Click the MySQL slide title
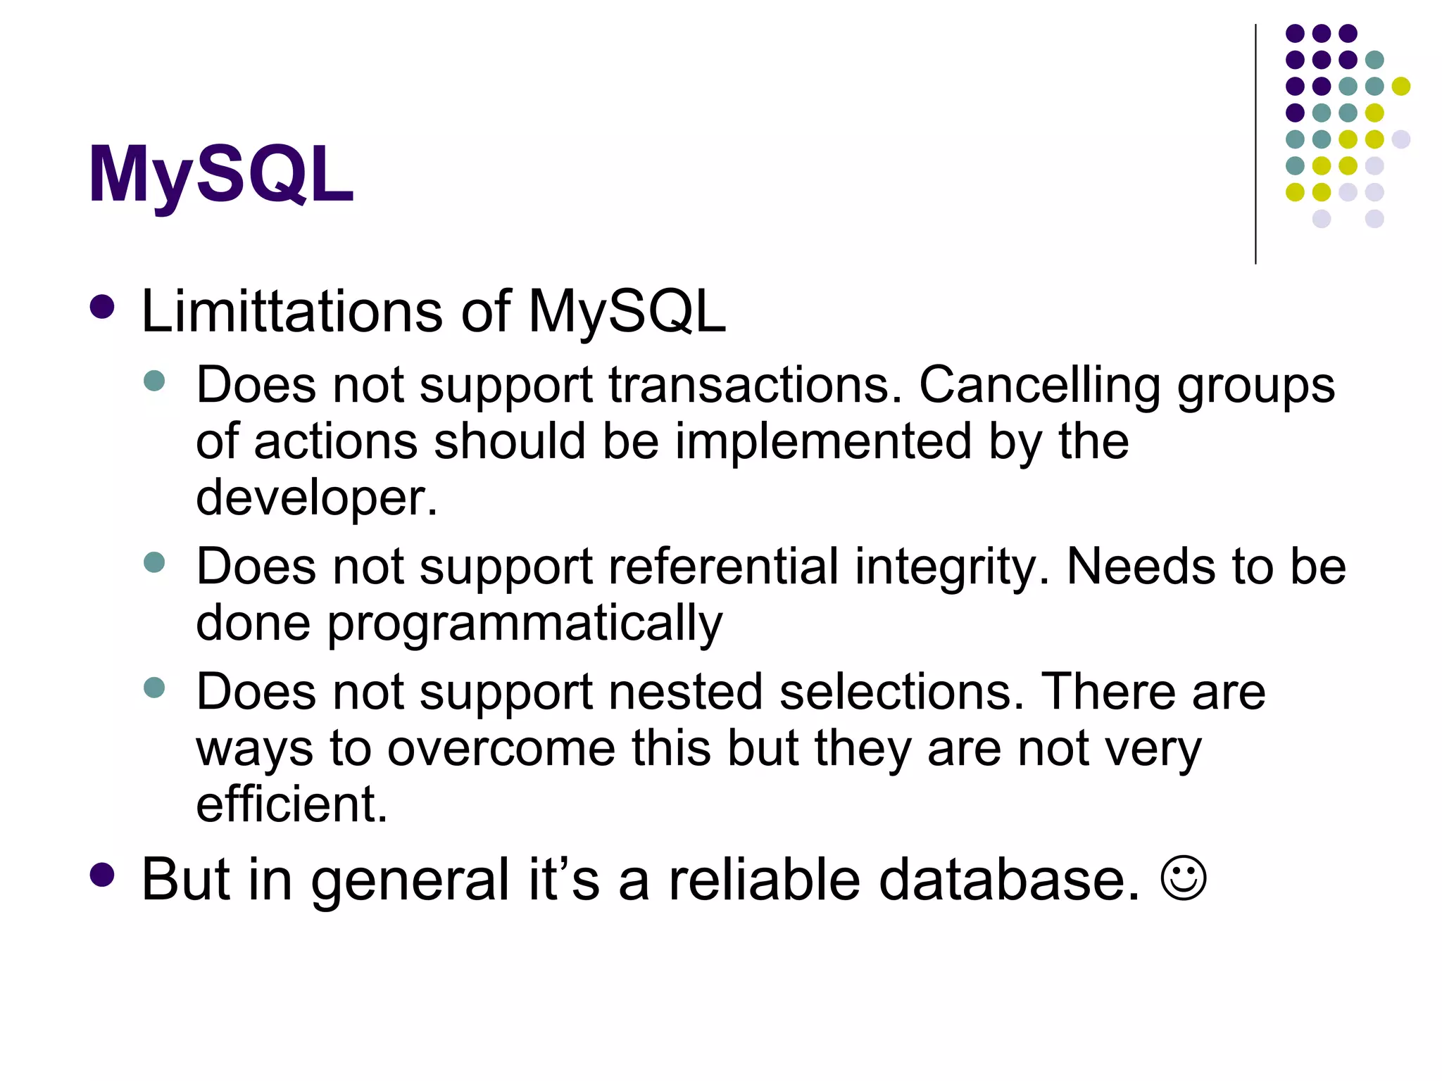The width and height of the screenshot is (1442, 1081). pyautogui.click(x=220, y=175)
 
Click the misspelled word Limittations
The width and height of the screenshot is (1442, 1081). pyautogui.click(x=291, y=311)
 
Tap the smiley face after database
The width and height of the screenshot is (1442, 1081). pyautogui.click(x=1183, y=878)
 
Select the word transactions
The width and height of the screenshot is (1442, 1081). pyautogui.click(x=754, y=385)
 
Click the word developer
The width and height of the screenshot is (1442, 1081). pyautogui.click(x=315, y=497)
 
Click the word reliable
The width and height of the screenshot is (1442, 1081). pyautogui.click(x=764, y=879)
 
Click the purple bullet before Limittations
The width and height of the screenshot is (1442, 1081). pyautogui.click(x=103, y=307)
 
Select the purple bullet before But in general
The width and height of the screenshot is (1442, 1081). pyautogui.click(x=103, y=874)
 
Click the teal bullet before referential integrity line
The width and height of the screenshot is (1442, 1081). pyautogui.click(x=153, y=562)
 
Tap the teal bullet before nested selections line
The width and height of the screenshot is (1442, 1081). pyautogui.click(x=153, y=687)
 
